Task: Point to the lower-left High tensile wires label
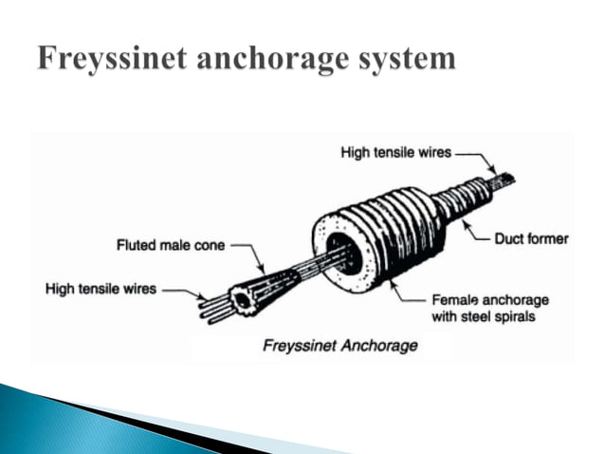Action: coord(101,288)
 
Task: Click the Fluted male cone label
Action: coord(171,245)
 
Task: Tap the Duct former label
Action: coord(531,238)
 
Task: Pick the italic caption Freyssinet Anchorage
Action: coord(339,345)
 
